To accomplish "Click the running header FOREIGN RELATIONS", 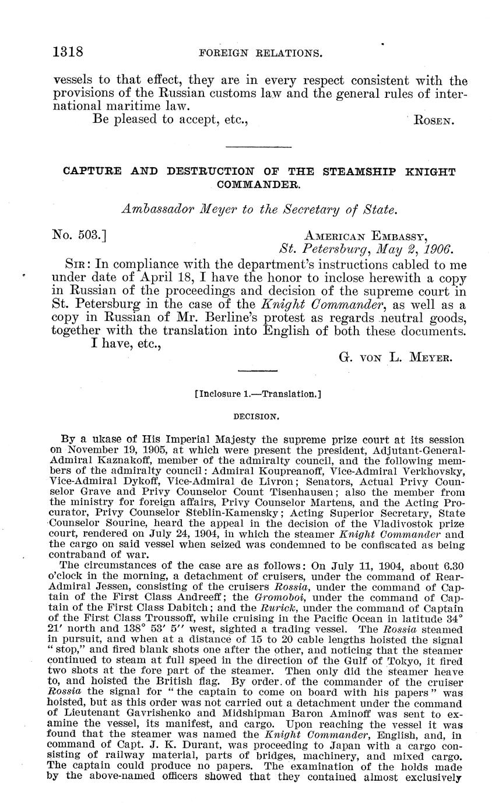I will click(261, 53).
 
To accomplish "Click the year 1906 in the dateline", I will click(438, 249).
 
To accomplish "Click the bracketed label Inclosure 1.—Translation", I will click(258, 394).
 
